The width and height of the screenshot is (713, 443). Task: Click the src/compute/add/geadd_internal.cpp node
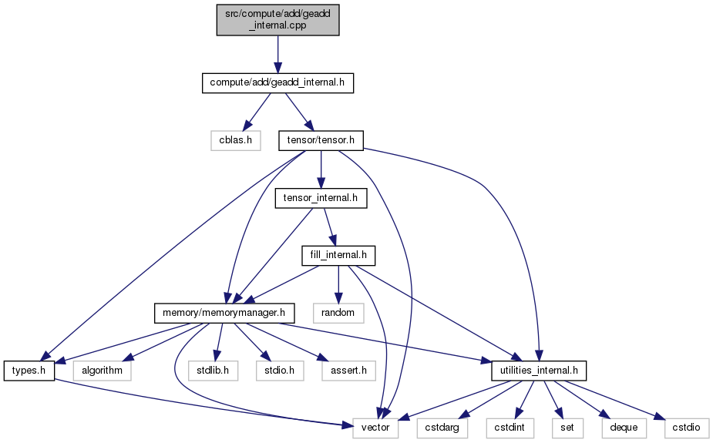click(x=277, y=20)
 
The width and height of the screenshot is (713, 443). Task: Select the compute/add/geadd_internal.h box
click(x=277, y=82)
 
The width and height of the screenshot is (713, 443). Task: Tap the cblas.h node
click(x=236, y=140)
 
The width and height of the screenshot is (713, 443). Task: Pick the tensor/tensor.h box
click(x=321, y=140)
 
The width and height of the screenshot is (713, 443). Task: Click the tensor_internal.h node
click(x=321, y=198)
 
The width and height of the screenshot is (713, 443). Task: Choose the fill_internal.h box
click(x=338, y=255)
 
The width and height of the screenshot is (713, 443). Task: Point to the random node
click(x=338, y=313)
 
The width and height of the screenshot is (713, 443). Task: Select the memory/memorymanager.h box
click(x=224, y=313)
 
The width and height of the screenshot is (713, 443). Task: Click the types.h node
click(x=29, y=371)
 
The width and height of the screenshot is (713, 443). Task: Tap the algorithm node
click(x=103, y=371)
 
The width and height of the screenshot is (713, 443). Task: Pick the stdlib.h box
click(x=213, y=371)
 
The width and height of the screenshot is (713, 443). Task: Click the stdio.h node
click(x=280, y=371)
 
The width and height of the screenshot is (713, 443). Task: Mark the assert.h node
click(x=348, y=371)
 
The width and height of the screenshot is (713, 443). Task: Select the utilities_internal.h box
click(x=539, y=371)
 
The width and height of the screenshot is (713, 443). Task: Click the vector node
click(x=375, y=428)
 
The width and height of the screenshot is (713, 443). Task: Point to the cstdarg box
click(x=442, y=428)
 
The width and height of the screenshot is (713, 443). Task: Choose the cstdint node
click(x=510, y=428)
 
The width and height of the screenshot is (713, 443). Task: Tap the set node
click(x=567, y=428)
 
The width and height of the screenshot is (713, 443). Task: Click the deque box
click(x=624, y=428)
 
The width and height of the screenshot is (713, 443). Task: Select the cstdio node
click(x=686, y=428)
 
